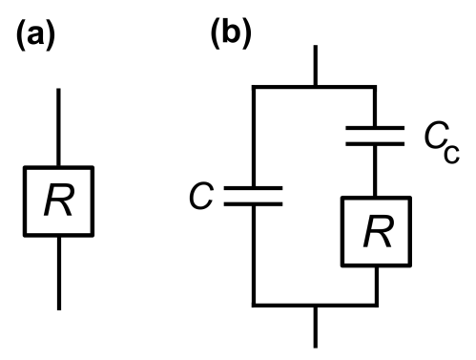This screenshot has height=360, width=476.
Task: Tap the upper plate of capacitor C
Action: point(254,188)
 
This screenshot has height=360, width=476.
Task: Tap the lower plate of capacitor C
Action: point(254,203)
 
